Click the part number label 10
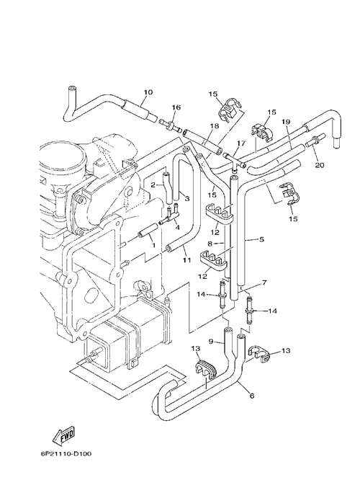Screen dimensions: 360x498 pyautogui.click(x=148, y=92)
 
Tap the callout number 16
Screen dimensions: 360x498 pyautogui.click(x=176, y=107)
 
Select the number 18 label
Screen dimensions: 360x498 pyautogui.click(x=215, y=126)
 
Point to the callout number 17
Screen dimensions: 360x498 pyautogui.click(x=241, y=143)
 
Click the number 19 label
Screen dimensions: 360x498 pyautogui.click(x=286, y=122)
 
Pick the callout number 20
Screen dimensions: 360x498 pyautogui.click(x=320, y=165)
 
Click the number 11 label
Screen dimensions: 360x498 pyautogui.click(x=186, y=260)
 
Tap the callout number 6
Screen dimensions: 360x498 pyautogui.click(x=252, y=396)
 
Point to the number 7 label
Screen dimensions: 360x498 pyautogui.click(x=264, y=282)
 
